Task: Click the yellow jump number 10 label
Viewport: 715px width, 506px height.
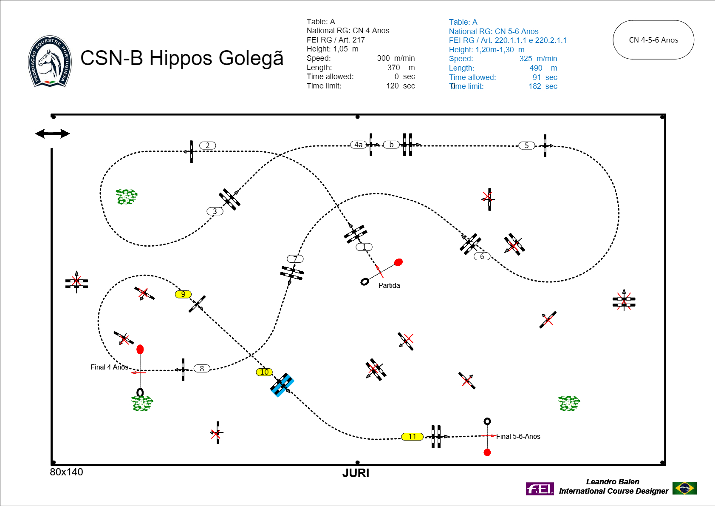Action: pyautogui.click(x=264, y=372)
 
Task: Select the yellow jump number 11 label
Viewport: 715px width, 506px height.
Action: pyautogui.click(x=412, y=437)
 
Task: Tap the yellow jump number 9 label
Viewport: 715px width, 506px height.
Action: pyautogui.click(x=183, y=294)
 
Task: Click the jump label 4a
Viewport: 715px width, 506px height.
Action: pyautogui.click(x=359, y=145)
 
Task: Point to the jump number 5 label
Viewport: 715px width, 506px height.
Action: pyautogui.click(x=527, y=146)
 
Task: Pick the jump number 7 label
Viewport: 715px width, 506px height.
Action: pyautogui.click(x=295, y=259)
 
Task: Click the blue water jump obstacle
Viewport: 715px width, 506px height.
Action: pyautogui.click(x=282, y=385)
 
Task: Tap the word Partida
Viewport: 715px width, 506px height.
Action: pyautogui.click(x=389, y=286)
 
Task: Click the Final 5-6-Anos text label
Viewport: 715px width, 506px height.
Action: pyautogui.click(x=518, y=436)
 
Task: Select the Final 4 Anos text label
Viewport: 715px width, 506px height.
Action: pyautogui.click(x=110, y=367)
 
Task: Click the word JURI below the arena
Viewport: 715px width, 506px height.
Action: pyautogui.click(x=356, y=473)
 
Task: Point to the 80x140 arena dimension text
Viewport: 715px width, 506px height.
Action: pyautogui.click(x=66, y=472)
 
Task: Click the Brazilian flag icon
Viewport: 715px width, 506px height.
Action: pyautogui.click(x=684, y=488)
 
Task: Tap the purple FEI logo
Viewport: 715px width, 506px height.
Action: pyautogui.click(x=540, y=489)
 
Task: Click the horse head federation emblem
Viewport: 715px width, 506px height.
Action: pyautogui.click(x=50, y=61)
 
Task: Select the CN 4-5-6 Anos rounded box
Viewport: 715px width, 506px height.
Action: pyautogui.click(x=653, y=40)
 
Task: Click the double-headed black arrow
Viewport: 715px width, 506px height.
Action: pyautogui.click(x=52, y=134)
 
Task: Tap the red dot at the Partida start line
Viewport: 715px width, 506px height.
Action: pyautogui.click(x=398, y=262)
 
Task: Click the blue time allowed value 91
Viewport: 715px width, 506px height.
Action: pyautogui.click(x=537, y=77)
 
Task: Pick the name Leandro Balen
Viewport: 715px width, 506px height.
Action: pyautogui.click(x=613, y=482)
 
